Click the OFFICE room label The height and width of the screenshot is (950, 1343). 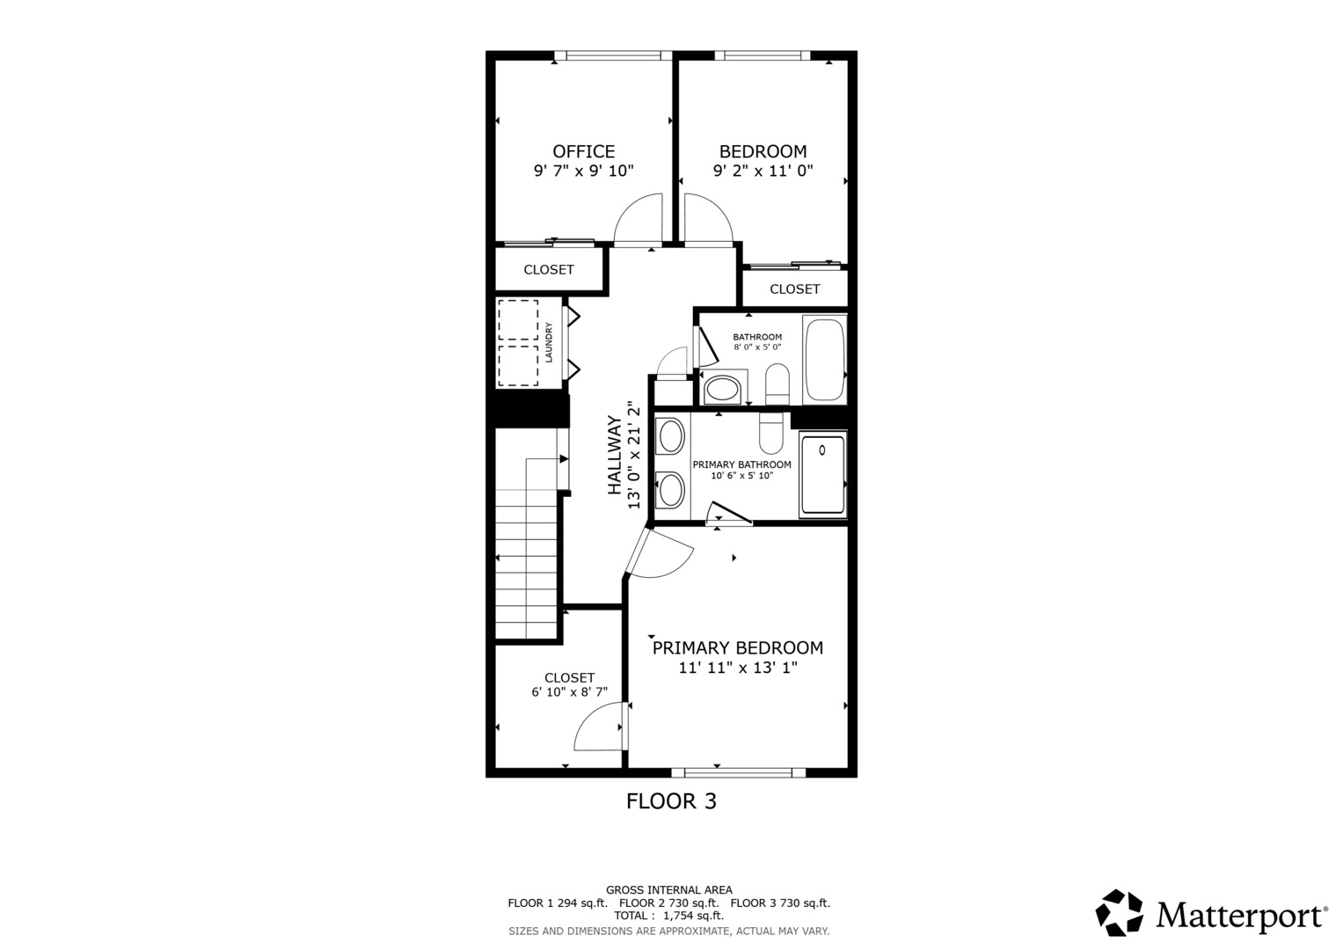pos(583,151)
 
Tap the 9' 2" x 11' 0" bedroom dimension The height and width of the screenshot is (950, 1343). pos(763,171)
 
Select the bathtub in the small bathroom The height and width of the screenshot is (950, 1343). pos(824,360)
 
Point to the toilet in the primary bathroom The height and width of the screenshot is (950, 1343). pos(771,433)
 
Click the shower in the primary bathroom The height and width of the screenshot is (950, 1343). pos(822,474)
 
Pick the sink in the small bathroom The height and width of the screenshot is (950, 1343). pos(722,390)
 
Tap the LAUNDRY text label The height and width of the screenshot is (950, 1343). pos(548,342)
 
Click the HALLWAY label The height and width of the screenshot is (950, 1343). pos(615,455)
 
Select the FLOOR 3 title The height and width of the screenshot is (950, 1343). pos(672,800)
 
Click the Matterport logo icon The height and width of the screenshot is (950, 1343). pos(1119,912)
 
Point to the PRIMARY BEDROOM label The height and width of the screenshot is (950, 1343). pos(737,647)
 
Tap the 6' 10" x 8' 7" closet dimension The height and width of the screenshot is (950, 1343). pos(570,692)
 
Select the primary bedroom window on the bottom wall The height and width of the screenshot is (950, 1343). pos(739,772)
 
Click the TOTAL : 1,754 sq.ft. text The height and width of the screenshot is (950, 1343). pos(668,916)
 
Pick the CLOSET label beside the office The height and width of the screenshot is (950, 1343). pos(549,270)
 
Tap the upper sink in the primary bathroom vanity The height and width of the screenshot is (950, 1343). pos(670,436)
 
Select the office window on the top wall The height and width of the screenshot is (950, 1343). pos(613,55)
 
